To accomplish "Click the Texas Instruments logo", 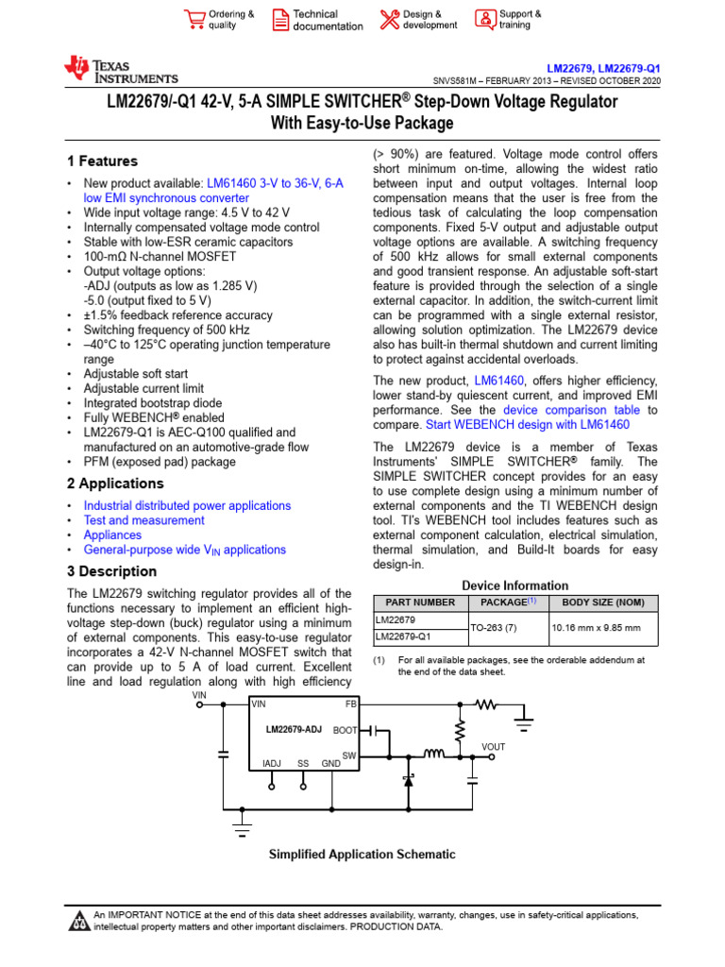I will [120, 70].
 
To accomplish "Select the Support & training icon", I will [484, 20].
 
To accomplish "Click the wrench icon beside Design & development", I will [389, 20].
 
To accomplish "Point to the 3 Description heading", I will [111, 571].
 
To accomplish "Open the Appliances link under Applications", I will [112, 534].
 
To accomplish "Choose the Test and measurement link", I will [143, 520].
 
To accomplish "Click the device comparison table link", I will [571, 411].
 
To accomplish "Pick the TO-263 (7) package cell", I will [508, 628].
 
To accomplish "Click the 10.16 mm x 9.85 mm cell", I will [596, 628].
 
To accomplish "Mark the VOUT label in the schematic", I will [493, 747].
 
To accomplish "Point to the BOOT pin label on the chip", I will [345, 731].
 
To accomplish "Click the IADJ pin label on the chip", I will [271, 763].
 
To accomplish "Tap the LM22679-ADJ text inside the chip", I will [294, 730].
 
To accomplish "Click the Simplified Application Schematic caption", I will [362, 855].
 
